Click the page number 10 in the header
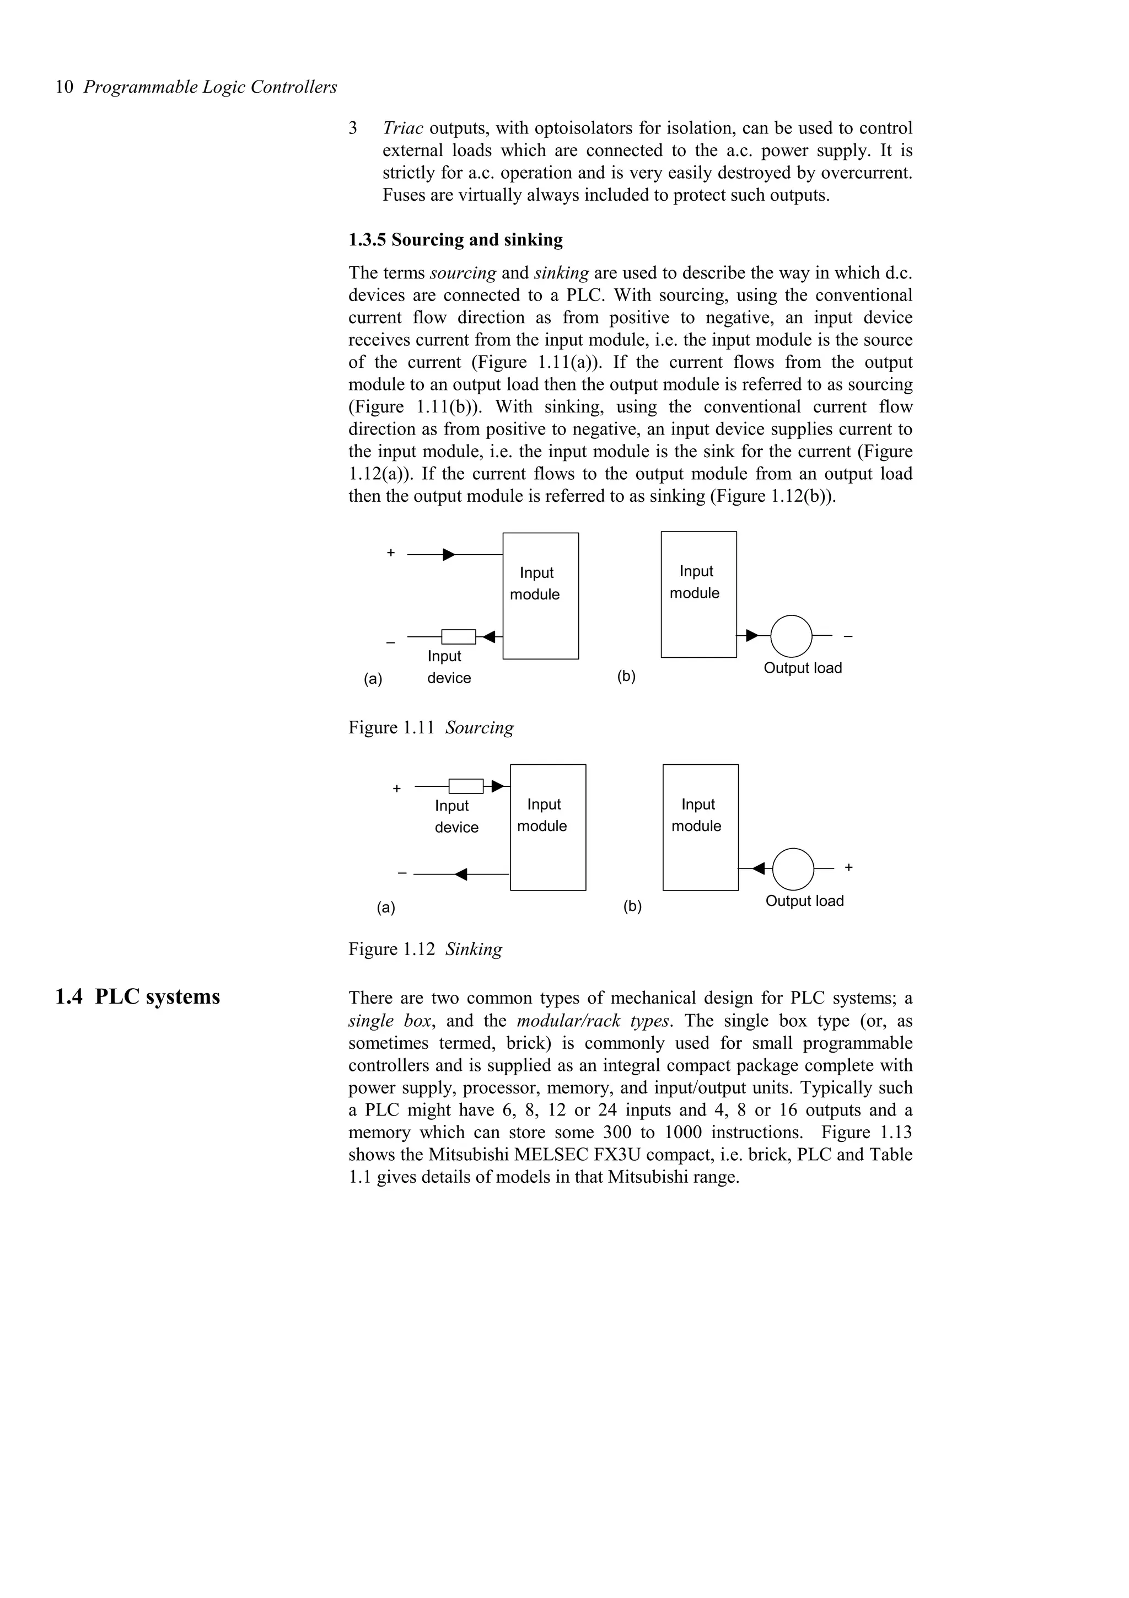[x=64, y=87]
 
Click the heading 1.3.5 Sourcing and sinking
[x=456, y=240]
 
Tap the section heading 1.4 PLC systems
[x=138, y=996]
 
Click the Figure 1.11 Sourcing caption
[x=431, y=728]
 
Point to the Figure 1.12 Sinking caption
[x=425, y=950]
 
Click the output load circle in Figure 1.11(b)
[x=792, y=636]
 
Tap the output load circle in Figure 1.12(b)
[x=793, y=868]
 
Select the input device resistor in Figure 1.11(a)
[x=459, y=637]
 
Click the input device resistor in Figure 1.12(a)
[x=465, y=786]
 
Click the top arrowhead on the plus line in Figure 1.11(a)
[x=449, y=555]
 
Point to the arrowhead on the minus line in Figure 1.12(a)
[x=460, y=874]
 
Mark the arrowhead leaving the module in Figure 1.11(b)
[x=752, y=635]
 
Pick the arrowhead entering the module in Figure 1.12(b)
[x=759, y=868]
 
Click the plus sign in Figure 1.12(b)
[x=848, y=867]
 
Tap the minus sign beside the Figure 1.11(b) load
[x=848, y=635]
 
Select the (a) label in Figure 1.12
[x=386, y=908]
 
